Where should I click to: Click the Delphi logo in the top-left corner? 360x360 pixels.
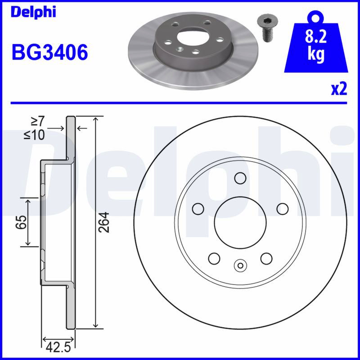[x=33, y=12]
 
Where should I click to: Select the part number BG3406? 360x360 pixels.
[x=49, y=52]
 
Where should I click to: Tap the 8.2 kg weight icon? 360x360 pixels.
[x=316, y=42]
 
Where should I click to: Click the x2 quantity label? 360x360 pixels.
[x=339, y=89]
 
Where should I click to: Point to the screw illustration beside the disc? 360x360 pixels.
[x=267, y=28]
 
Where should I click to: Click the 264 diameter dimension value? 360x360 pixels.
[x=104, y=222]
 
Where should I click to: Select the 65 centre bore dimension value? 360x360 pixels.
[x=21, y=222]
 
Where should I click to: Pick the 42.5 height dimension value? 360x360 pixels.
[x=58, y=347]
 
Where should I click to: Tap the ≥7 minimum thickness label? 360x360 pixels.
[x=38, y=121]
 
